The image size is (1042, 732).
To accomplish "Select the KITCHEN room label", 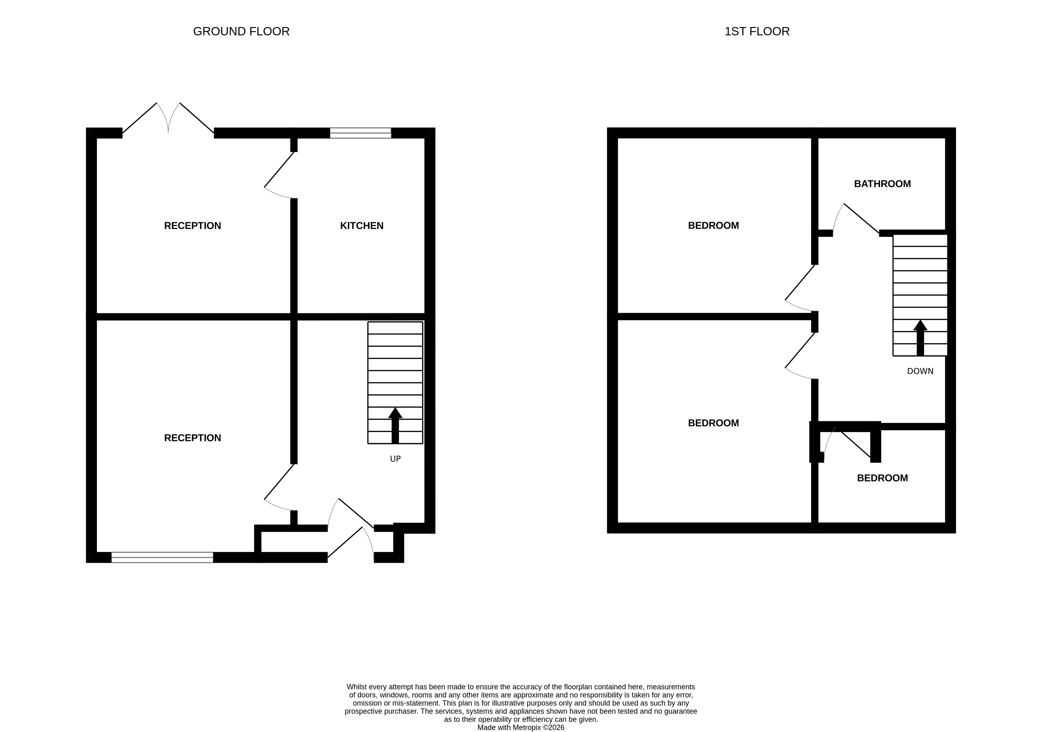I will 362,225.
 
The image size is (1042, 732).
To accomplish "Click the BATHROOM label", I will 882,184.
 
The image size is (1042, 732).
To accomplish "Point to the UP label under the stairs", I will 395,459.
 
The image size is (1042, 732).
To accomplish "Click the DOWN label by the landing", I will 920,371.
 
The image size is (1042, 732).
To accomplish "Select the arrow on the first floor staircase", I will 920,338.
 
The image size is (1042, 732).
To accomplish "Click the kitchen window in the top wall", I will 360,133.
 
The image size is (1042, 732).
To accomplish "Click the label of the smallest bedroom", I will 882,478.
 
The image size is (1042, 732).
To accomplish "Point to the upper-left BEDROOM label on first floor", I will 713,225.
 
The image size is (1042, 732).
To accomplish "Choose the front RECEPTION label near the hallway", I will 193,438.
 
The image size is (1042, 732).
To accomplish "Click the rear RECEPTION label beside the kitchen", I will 193,225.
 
